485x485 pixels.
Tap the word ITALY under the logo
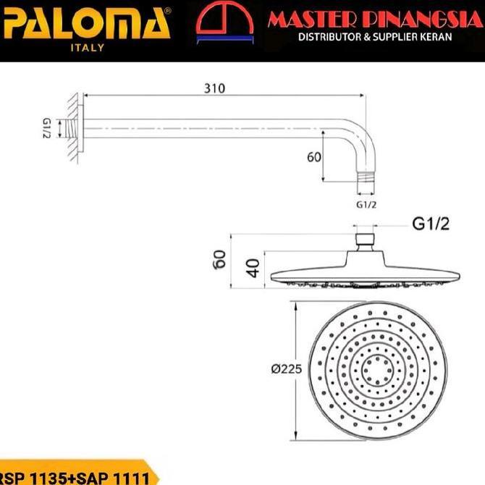[x=86, y=48]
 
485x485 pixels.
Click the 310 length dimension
[x=214, y=88]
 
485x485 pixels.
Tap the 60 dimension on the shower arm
[x=313, y=157]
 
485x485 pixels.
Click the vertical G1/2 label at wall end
[x=46, y=128]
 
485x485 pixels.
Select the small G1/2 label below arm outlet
[x=367, y=205]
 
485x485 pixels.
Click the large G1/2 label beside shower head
[x=431, y=224]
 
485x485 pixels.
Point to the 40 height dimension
[x=252, y=268]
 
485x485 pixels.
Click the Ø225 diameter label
[x=286, y=369]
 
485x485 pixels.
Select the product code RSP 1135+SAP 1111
[x=75, y=477]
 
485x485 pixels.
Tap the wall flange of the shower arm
[x=82, y=128]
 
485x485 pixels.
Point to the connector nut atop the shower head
[x=366, y=240]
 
